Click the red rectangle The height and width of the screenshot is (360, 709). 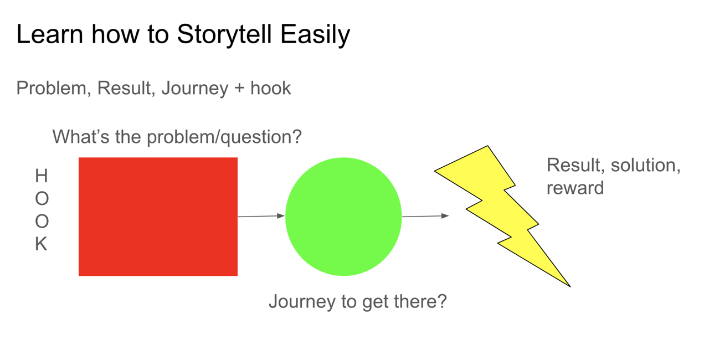coord(158,217)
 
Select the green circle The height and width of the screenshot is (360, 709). coord(343,217)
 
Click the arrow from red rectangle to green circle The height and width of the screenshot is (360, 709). coord(261,217)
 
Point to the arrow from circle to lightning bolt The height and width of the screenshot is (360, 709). coord(426,216)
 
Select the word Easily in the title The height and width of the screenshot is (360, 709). coord(315,35)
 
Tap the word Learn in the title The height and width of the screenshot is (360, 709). coord(50,34)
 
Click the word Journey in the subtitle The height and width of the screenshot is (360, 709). coord(194,88)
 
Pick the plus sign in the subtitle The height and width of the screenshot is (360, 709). coord(239,89)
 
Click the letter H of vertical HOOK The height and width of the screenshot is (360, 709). coord(42,176)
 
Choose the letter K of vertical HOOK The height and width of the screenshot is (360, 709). coord(41,244)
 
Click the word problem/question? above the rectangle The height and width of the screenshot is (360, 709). coord(224,137)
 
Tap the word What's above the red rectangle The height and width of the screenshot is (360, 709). coord(81,137)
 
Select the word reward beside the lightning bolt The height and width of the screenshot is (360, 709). coord(576,188)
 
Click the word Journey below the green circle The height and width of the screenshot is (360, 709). coord(302,302)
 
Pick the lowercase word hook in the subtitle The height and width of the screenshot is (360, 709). coord(271,88)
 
